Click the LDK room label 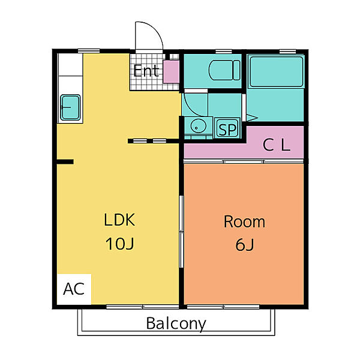(x=119, y=220)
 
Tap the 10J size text (x=119, y=244)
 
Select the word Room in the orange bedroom (x=244, y=221)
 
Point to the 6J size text (x=245, y=245)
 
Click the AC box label (x=74, y=289)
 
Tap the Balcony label (x=176, y=324)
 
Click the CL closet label (x=277, y=145)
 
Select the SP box (x=227, y=128)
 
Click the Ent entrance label (x=146, y=70)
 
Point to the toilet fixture (x=224, y=70)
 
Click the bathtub (x=277, y=71)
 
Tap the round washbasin (x=198, y=126)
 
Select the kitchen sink (x=70, y=107)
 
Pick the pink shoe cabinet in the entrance (x=171, y=71)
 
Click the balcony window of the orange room (x=223, y=307)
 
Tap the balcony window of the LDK (x=143, y=307)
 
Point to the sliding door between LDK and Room (x=181, y=232)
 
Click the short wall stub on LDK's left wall (x=65, y=161)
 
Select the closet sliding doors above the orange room (x=244, y=161)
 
